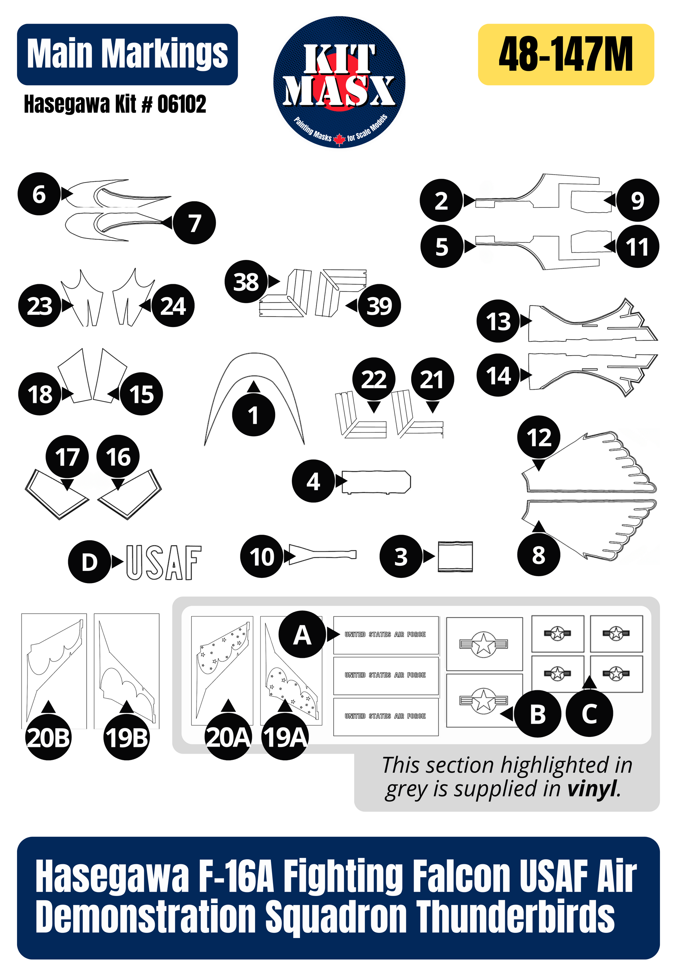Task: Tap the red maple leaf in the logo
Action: click(339, 139)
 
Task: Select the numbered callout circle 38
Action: click(246, 281)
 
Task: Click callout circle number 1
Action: click(253, 415)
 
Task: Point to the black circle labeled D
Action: click(89, 562)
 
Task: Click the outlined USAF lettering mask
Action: click(163, 562)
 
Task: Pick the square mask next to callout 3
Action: click(455, 556)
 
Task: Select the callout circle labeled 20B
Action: click(48, 738)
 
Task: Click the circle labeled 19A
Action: click(285, 738)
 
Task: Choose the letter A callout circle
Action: click(302, 635)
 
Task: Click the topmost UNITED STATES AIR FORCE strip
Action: click(385, 635)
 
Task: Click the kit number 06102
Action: click(182, 104)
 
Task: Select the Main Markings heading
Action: click(127, 54)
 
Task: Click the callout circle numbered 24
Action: click(173, 305)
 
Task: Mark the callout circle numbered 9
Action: click(638, 200)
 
